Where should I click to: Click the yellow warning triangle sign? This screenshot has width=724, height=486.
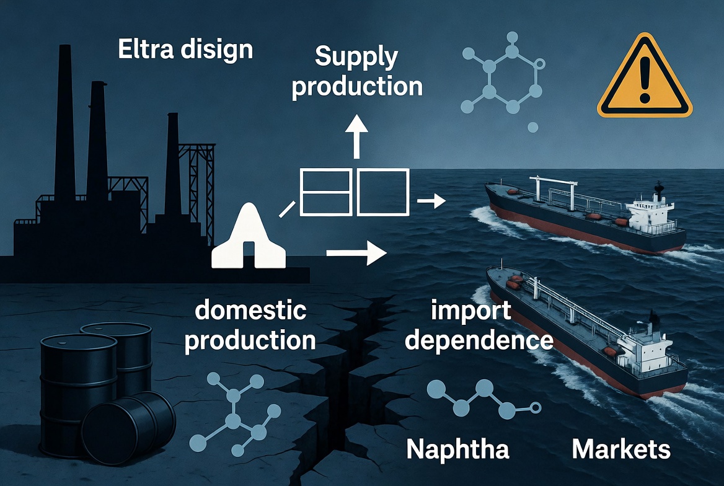point(645,76)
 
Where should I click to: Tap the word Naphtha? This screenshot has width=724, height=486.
point(457,449)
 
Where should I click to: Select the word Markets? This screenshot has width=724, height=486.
point(621,449)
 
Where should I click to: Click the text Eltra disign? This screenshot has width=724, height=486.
point(185,50)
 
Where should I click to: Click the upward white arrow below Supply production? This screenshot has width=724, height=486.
point(356,137)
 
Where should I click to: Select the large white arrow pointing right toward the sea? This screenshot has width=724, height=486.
point(356,253)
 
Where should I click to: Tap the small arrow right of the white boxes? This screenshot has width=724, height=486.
point(431,201)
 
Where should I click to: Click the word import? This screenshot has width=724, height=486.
point(471,311)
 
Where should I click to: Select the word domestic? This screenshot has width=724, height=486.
point(250,310)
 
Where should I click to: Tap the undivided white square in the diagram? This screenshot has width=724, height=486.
point(383,192)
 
